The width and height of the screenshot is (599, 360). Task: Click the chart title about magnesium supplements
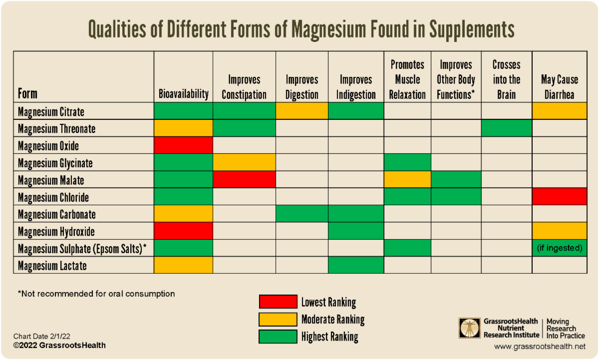pos(301,30)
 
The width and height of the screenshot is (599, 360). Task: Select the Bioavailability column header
pos(184,94)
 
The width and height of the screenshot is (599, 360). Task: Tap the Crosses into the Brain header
pos(506,79)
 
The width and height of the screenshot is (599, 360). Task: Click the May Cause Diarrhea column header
pos(559,87)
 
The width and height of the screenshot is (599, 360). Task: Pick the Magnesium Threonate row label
pos(56,129)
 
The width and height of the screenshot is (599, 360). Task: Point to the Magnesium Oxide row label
pos(48,146)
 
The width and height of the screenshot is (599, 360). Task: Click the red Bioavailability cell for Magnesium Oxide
pos(184,146)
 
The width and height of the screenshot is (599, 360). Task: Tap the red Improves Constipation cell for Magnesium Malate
pos(245,180)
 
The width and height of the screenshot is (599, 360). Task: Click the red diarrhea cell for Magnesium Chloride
pos(559,197)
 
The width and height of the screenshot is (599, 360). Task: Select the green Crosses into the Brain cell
pos(506,128)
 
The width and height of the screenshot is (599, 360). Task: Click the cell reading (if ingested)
pos(559,248)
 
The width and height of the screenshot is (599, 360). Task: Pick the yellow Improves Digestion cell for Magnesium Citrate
pos(301,111)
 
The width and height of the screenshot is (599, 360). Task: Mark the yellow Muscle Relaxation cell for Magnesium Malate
pos(407,180)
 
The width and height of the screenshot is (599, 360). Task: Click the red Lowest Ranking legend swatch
pos(278,302)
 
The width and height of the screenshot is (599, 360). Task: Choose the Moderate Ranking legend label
pos(333,320)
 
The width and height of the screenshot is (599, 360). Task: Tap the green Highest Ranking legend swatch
pos(278,337)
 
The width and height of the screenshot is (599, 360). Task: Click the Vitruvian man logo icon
pos(470,328)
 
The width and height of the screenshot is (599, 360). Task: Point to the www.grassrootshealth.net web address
pos(540,346)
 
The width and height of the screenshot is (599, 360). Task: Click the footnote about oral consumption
pos(96,294)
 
